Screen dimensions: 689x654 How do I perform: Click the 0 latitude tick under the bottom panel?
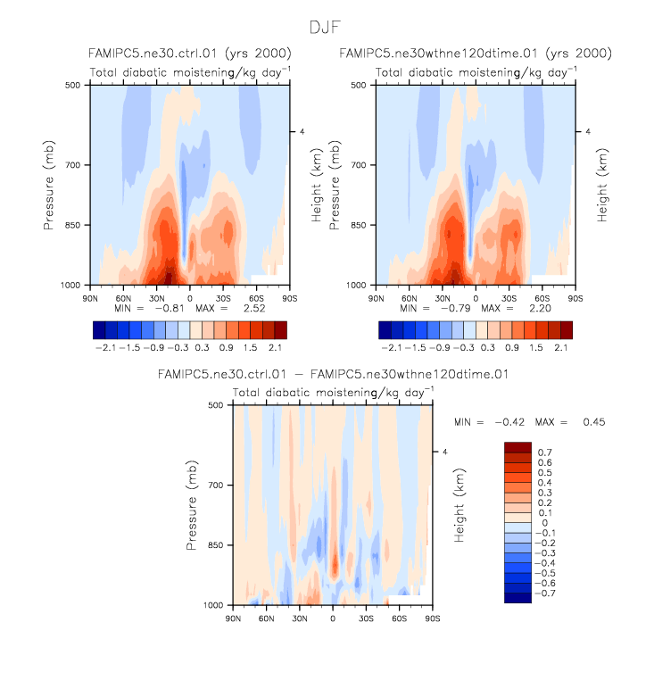[x=333, y=617]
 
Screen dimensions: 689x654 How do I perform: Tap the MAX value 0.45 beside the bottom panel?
[x=592, y=421]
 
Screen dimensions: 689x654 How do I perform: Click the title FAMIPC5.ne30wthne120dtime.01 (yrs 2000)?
[x=475, y=54]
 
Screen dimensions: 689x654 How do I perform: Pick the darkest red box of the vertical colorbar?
[x=518, y=447]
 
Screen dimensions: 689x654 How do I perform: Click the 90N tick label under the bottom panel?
[x=233, y=617]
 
